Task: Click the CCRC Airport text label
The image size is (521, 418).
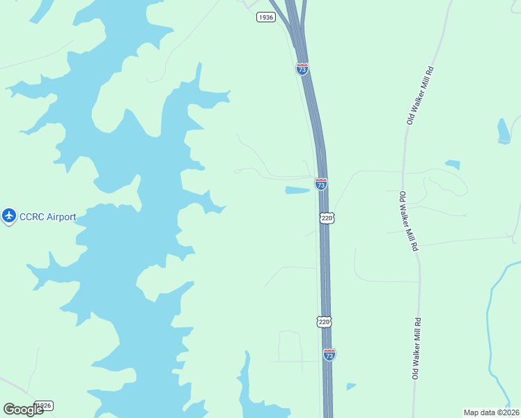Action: click(x=47, y=217)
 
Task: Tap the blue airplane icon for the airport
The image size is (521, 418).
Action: click(x=9, y=217)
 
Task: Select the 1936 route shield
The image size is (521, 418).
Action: click(x=265, y=17)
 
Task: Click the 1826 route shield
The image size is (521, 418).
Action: click(x=44, y=405)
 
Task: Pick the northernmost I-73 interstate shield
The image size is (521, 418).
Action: click(x=302, y=69)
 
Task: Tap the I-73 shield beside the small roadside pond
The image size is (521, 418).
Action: click(x=320, y=185)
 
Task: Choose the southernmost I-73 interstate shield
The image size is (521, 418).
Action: click(x=329, y=355)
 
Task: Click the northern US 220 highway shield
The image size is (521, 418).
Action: click(x=327, y=218)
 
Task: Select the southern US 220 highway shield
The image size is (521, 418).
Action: click(x=323, y=321)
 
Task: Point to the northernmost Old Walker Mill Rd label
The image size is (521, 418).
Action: click(x=420, y=95)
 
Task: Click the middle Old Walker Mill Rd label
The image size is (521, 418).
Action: click(x=409, y=221)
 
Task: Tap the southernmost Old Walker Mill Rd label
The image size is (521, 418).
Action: click(x=417, y=348)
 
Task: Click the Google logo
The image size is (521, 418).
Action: click(x=23, y=410)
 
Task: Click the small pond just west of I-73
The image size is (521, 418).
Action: click(x=297, y=190)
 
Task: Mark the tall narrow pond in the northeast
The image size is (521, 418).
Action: click(x=504, y=130)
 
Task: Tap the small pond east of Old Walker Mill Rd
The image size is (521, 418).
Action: click(x=453, y=165)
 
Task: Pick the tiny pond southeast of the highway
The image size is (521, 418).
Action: click(x=350, y=386)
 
